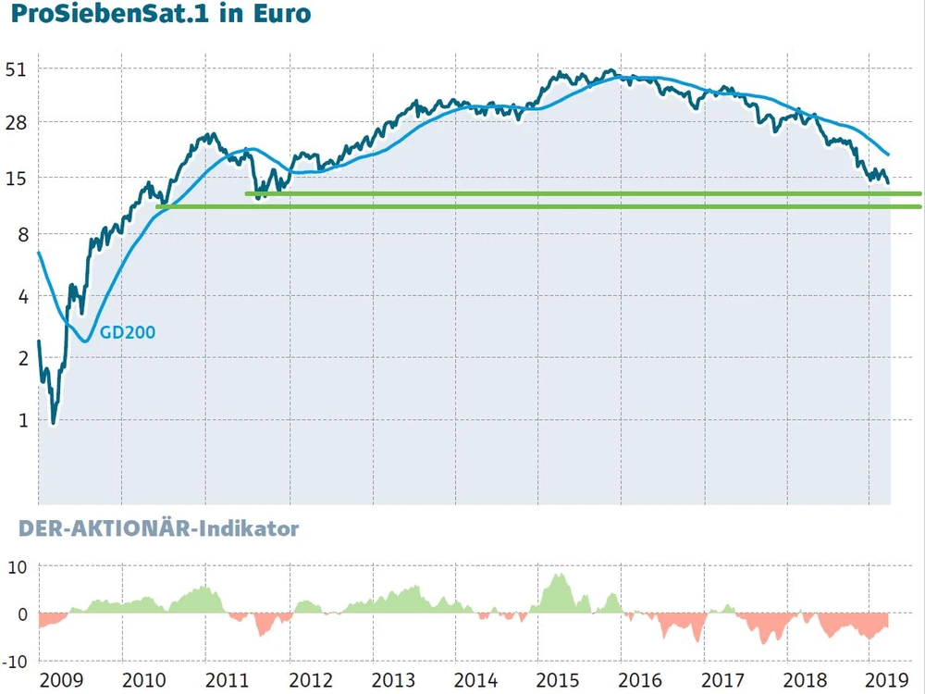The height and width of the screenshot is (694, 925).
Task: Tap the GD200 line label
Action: pyautogui.click(x=128, y=331)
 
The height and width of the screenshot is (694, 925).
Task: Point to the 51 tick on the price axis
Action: pyautogui.click(x=18, y=69)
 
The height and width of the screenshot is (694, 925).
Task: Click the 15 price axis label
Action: pyautogui.click(x=18, y=178)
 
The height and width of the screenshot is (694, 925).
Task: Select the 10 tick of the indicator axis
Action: pyautogui.click(x=18, y=567)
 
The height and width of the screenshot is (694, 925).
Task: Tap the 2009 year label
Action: pyautogui.click(x=61, y=680)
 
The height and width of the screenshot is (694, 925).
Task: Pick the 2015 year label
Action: pyautogui.click(x=559, y=680)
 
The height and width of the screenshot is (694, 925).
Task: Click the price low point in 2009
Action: pyautogui.click(x=53, y=422)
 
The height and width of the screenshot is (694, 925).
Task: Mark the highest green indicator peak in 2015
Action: pyautogui.click(x=558, y=576)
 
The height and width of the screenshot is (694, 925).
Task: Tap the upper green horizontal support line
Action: pyautogui.click(x=583, y=193)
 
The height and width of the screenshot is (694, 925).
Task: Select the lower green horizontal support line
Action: pyautogui.click(x=536, y=206)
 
